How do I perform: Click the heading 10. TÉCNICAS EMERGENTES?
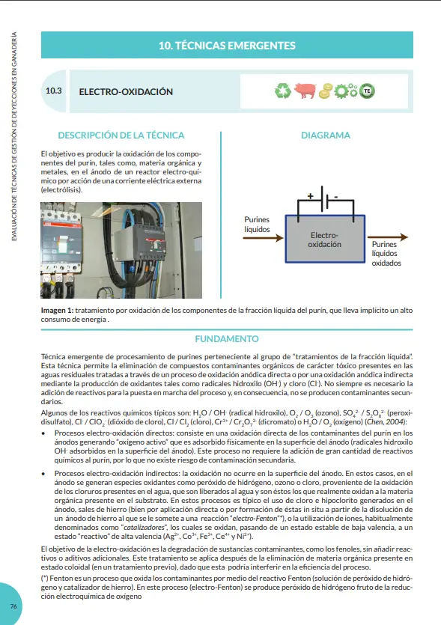(x=227, y=46)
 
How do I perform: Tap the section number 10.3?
(x=53, y=91)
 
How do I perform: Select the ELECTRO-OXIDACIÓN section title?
(x=126, y=91)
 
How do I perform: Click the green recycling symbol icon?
(x=283, y=91)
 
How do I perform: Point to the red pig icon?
(x=305, y=91)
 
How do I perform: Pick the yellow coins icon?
(x=326, y=91)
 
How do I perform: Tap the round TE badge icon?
(x=367, y=91)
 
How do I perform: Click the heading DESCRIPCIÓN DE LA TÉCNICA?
(x=121, y=135)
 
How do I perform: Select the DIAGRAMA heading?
(x=326, y=135)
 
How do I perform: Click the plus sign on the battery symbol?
(x=310, y=195)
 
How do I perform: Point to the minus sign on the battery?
(x=335, y=197)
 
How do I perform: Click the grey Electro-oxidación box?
(x=325, y=239)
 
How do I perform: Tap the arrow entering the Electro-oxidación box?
(x=263, y=238)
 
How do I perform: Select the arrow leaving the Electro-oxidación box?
(x=388, y=237)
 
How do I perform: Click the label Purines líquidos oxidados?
(x=386, y=254)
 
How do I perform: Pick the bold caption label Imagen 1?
(x=57, y=311)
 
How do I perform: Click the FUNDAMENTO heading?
(x=227, y=339)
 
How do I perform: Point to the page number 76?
(x=13, y=606)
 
